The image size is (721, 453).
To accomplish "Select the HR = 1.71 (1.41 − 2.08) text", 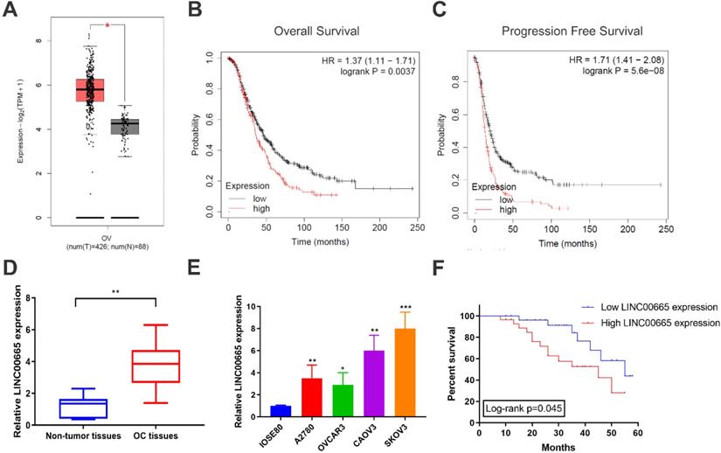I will [618, 58].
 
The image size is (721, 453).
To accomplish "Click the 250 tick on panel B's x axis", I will [416, 226].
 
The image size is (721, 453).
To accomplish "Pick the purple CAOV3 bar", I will [374, 387].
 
